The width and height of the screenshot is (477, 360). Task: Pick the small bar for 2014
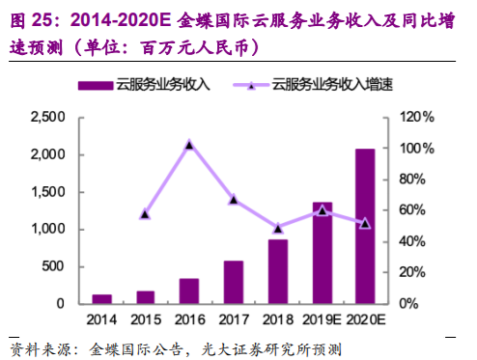point(101,299)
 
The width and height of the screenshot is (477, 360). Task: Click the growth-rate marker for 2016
point(189,145)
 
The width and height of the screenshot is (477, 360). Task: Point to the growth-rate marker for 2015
point(145,213)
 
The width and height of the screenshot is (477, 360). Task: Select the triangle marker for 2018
point(278,229)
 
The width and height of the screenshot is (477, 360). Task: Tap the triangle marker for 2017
point(234,200)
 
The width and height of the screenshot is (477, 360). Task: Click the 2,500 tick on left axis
point(46,117)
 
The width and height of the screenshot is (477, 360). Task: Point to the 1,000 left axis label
point(46,230)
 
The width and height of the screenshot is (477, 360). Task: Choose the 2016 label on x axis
point(189,319)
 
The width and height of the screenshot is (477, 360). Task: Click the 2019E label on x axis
point(323,319)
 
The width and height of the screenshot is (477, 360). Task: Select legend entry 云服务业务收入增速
point(327,85)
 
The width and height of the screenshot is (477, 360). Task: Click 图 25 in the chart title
point(31,17)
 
